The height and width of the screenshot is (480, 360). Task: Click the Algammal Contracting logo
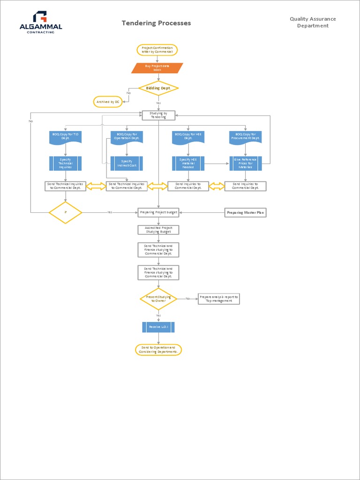[x=41, y=22]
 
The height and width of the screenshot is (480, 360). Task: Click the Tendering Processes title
[x=156, y=23]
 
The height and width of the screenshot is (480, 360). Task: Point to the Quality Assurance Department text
[x=313, y=22]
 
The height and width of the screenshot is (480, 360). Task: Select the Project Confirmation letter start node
[x=157, y=50]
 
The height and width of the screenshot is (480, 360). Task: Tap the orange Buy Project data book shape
[x=157, y=68]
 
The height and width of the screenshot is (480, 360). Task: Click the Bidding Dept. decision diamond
[x=158, y=88]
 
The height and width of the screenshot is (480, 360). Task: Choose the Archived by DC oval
[x=108, y=102]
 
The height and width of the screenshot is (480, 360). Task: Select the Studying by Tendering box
[x=158, y=115]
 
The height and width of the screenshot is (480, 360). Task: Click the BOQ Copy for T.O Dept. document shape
[x=66, y=137]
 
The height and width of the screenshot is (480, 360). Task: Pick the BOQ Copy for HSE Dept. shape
[x=188, y=137]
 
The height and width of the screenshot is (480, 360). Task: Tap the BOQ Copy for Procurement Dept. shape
[x=245, y=137]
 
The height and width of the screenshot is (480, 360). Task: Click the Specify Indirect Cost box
[x=127, y=163]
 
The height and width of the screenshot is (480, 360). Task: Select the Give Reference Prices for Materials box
[x=245, y=163]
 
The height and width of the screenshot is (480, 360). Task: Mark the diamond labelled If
[x=66, y=212]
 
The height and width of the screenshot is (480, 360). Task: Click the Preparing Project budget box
[x=158, y=212]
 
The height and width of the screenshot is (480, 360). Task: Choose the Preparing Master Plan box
[x=245, y=213]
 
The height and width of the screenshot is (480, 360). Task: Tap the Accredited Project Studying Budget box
[x=158, y=230]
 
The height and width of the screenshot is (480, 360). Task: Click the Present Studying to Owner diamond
[x=158, y=299]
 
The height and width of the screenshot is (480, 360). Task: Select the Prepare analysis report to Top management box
[x=218, y=299]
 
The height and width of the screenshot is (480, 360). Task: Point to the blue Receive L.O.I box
[x=158, y=327]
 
